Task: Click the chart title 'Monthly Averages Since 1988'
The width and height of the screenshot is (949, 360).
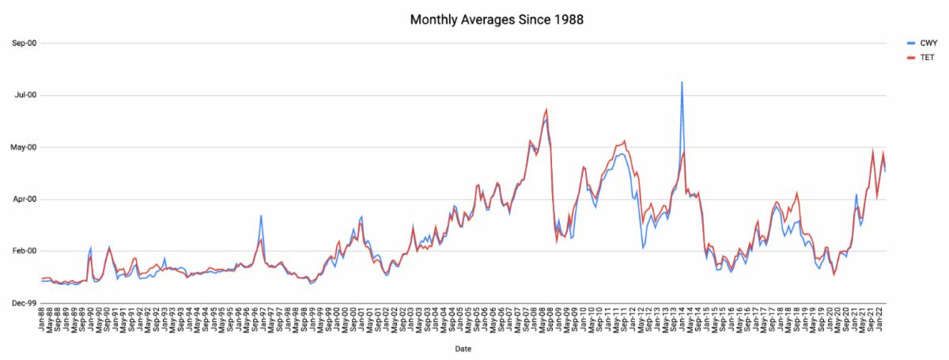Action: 497,19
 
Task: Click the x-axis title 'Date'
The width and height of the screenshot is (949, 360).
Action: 464,347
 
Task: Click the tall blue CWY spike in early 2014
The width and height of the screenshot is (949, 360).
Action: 682,82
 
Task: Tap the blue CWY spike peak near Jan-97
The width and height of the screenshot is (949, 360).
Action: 261,215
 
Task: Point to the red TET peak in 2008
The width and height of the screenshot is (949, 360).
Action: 546,110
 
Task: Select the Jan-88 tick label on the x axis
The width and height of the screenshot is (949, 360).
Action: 42,318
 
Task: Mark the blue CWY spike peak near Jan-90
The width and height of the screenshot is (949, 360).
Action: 91,248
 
